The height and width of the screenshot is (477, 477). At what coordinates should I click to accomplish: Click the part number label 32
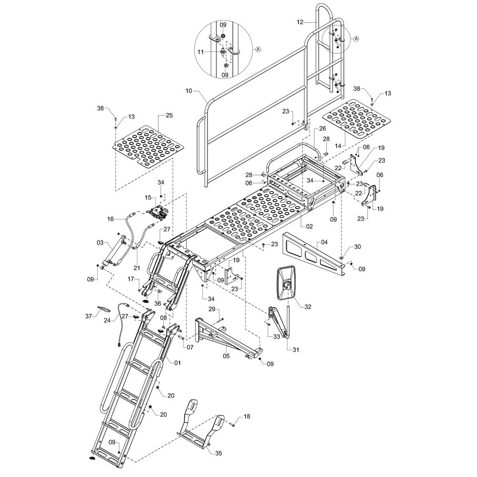click(308, 307)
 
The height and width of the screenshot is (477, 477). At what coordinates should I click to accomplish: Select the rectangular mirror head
click(287, 283)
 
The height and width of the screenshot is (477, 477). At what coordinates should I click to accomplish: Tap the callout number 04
click(324, 242)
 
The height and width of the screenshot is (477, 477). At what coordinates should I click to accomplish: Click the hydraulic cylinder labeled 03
click(114, 252)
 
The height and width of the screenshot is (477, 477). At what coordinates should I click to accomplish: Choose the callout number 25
click(169, 115)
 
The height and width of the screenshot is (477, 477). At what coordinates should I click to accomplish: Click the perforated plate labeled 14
click(354, 118)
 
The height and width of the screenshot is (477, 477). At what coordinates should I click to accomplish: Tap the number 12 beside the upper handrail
click(300, 22)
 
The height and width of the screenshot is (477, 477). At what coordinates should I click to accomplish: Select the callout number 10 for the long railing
click(189, 91)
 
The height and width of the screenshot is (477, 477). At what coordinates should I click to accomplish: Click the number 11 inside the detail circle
click(200, 52)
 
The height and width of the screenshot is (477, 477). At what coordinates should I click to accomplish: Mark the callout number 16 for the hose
click(111, 219)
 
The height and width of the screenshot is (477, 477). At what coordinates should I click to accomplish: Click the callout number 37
click(89, 316)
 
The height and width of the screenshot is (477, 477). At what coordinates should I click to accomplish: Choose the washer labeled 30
click(342, 258)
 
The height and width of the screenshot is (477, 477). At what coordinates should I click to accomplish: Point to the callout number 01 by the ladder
click(177, 363)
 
